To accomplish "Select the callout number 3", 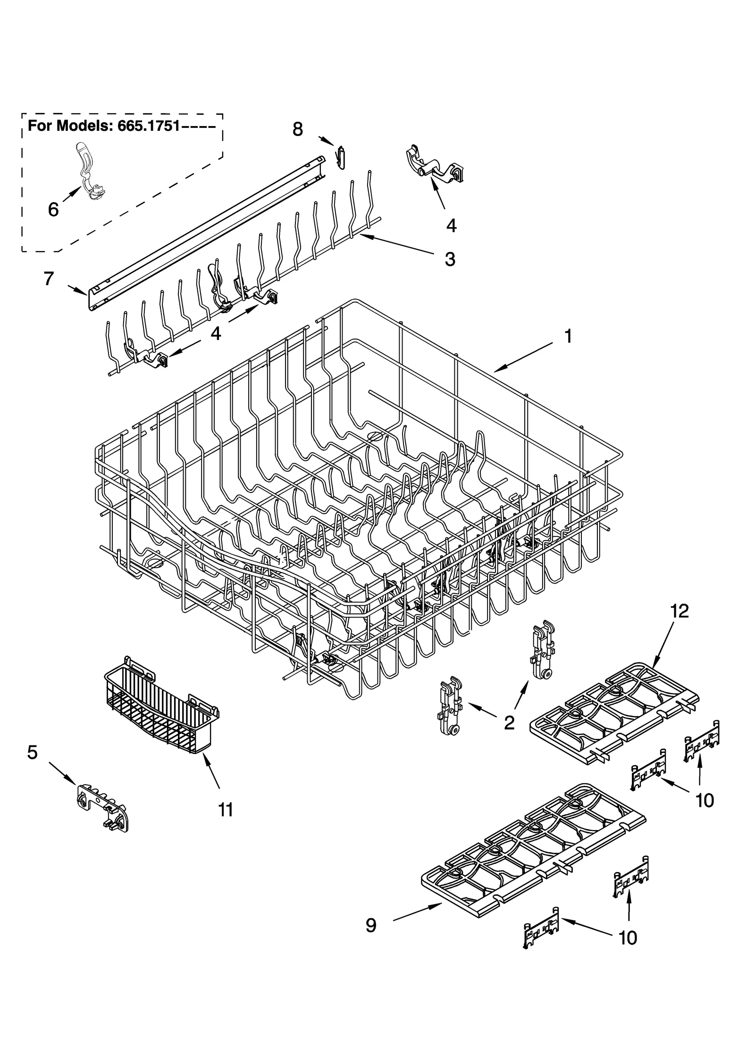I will point(450,259).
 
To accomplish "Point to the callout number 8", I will point(297,129).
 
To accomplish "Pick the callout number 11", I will point(226,810).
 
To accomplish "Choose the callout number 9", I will point(371,925).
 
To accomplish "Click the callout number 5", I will point(32,752).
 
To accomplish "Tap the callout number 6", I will point(53,209).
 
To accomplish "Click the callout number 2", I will point(509,722).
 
